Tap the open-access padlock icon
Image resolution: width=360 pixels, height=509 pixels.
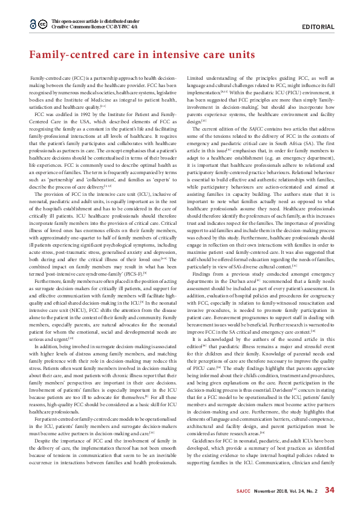(33, 24)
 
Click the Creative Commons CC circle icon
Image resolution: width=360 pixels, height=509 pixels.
(43, 24)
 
